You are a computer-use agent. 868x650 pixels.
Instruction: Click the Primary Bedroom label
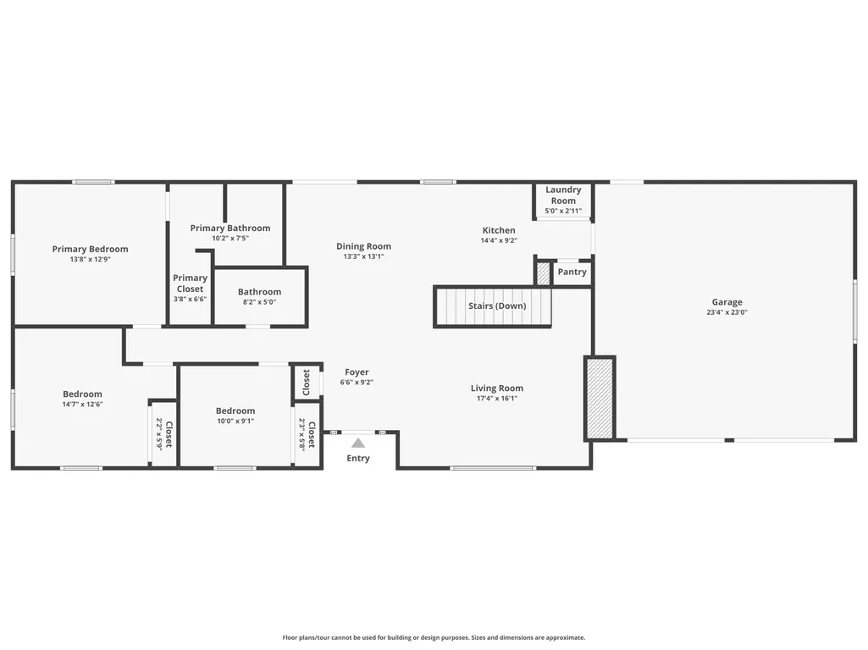click(x=91, y=249)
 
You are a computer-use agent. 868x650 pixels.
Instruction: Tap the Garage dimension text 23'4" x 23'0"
click(x=727, y=312)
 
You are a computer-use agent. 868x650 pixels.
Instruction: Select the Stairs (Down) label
click(x=497, y=306)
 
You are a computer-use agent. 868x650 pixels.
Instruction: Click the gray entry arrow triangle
click(x=358, y=443)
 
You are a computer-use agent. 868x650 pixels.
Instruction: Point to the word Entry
click(x=358, y=458)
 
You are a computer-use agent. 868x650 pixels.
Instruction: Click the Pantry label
click(x=572, y=272)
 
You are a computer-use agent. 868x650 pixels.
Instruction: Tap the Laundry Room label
click(x=563, y=196)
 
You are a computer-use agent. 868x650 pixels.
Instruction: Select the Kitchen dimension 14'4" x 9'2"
click(x=499, y=240)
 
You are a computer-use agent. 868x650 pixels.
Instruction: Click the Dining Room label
click(x=363, y=246)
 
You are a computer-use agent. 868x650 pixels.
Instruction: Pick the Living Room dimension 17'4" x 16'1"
click(x=497, y=399)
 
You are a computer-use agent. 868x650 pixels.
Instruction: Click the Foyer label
click(x=357, y=372)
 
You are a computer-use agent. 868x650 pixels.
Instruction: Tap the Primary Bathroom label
click(x=230, y=228)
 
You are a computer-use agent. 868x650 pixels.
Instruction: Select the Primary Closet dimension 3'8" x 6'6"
click(x=190, y=300)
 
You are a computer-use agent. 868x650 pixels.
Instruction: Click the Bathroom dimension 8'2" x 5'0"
click(x=259, y=302)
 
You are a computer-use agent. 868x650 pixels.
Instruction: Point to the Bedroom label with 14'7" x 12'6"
click(x=82, y=394)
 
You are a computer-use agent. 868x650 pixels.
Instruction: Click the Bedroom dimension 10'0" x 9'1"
click(x=235, y=421)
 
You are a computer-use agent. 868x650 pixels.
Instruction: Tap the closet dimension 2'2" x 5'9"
click(x=159, y=433)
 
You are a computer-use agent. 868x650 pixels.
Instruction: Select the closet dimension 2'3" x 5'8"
click(x=301, y=434)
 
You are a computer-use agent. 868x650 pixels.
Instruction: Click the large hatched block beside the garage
click(x=600, y=399)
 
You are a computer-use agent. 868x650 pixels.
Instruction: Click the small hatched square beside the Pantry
click(x=544, y=273)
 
